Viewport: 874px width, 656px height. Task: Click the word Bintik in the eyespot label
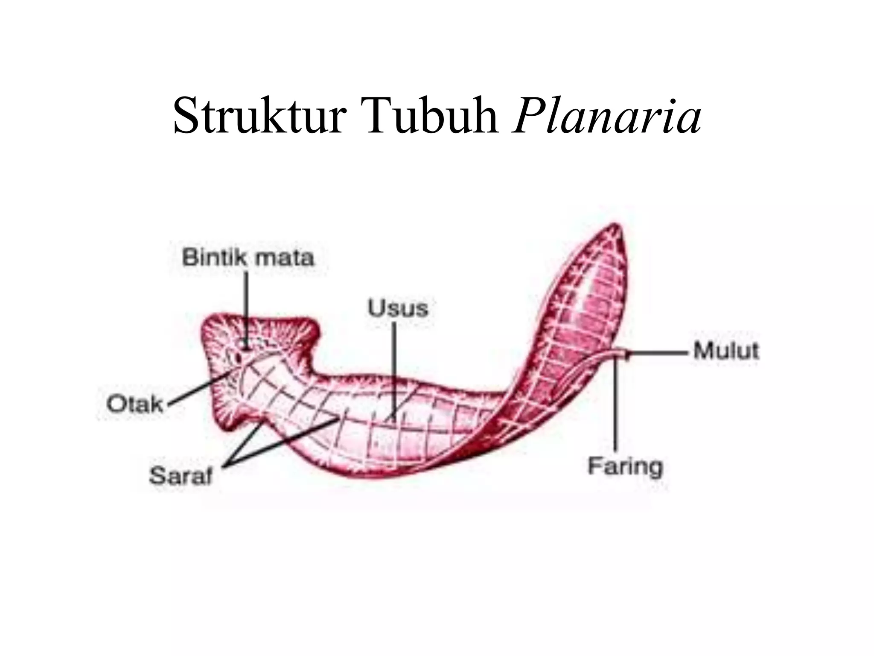pyautogui.click(x=215, y=258)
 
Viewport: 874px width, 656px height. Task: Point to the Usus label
pyautogui.click(x=398, y=308)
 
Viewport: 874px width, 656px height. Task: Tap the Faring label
pyautogui.click(x=625, y=466)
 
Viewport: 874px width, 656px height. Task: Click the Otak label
pyautogui.click(x=135, y=404)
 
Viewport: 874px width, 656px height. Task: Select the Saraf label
pyautogui.click(x=181, y=476)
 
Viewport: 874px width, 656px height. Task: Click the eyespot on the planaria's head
pyautogui.click(x=244, y=344)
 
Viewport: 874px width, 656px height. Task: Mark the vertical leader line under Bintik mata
pyautogui.click(x=246, y=307)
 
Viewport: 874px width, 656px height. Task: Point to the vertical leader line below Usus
pyautogui.click(x=393, y=367)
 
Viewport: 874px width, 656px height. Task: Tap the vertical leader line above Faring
pyautogui.click(x=616, y=406)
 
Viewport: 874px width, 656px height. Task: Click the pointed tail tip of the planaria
pyautogui.click(x=616, y=225)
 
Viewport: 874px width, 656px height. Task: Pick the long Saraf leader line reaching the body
pyautogui.click(x=282, y=440)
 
